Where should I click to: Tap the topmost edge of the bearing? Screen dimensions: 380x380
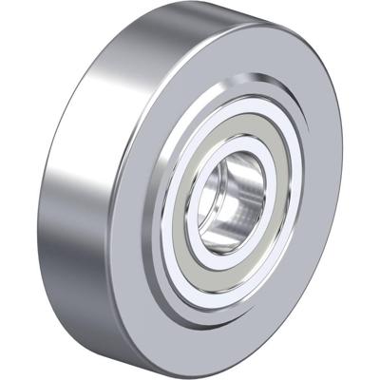click(204, 6)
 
